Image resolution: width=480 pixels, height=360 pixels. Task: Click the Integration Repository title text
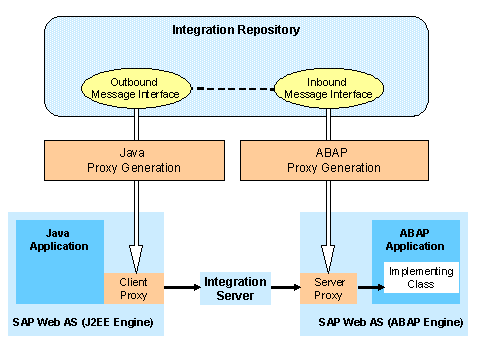pos(237,30)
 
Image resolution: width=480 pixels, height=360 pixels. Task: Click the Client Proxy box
pos(127,288)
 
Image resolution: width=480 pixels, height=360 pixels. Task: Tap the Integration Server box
pos(236,289)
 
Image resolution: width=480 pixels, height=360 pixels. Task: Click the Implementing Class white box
pos(421,278)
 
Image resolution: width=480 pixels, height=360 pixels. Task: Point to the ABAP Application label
pos(415,239)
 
